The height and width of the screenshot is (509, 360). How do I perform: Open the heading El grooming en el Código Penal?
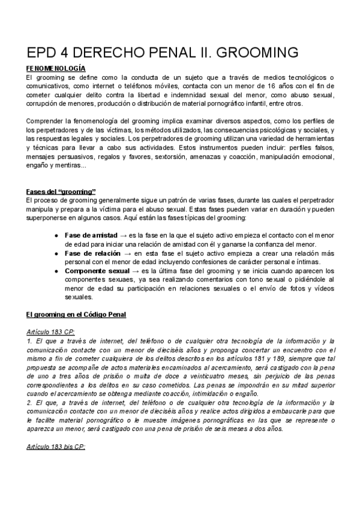point(76,314)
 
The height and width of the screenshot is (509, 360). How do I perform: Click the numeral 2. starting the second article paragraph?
point(30,403)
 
